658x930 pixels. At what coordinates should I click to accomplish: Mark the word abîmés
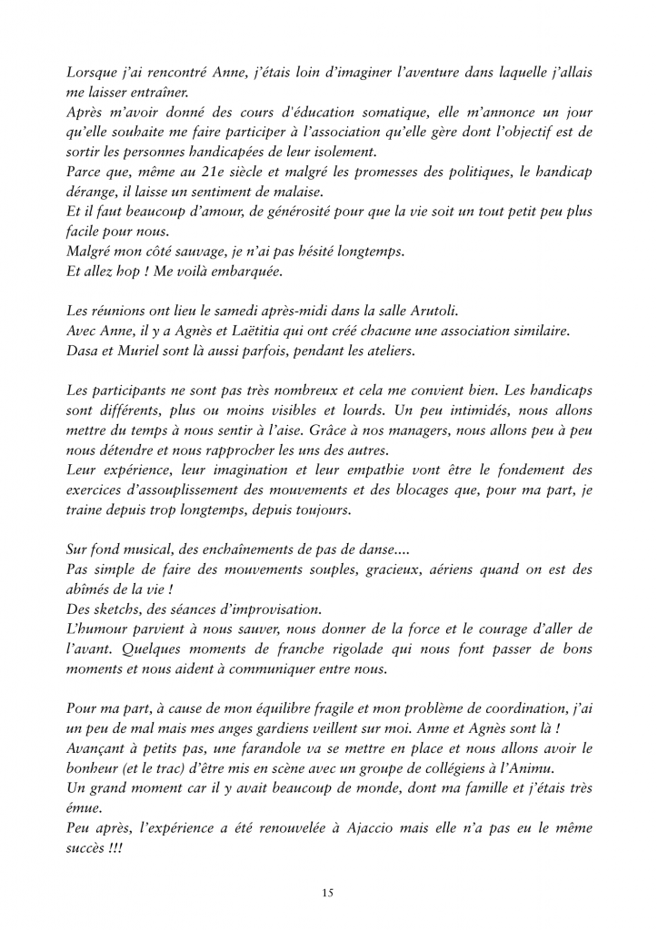click(92, 589)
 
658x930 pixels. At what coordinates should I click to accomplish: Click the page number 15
click(329, 894)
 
